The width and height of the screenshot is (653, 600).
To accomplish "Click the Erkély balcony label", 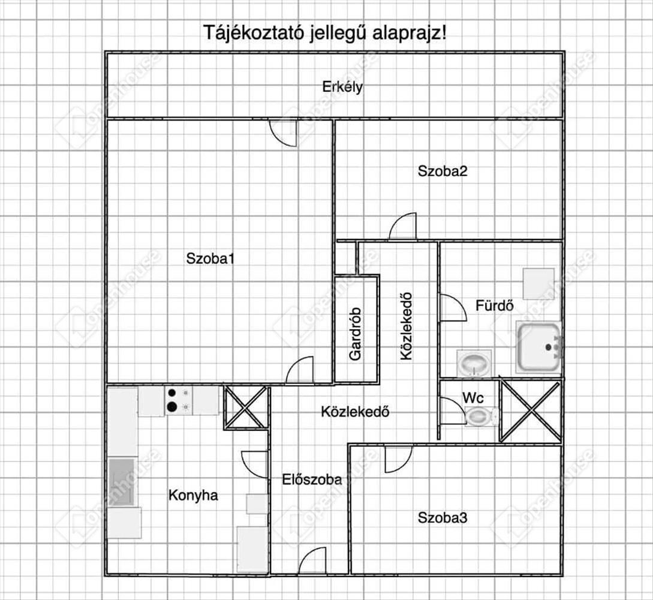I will [342, 87].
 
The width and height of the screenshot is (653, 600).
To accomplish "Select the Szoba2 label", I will [443, 171].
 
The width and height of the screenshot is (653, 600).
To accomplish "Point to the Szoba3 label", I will [443, 517].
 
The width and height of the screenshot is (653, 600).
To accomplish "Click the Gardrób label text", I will [356, 334].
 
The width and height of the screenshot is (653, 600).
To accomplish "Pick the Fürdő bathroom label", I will [495, 305].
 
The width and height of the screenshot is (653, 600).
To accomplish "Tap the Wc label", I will [473, 397].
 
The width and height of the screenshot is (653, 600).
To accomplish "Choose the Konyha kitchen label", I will [193, 496].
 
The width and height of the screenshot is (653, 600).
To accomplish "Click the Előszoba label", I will [312, 479].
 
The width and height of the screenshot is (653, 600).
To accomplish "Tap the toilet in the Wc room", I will [482, 415].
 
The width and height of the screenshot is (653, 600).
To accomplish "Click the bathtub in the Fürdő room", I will [539, 346].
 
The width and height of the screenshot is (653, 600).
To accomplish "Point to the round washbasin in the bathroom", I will [474, 363].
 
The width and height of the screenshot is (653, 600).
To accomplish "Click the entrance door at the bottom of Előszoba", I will [312, 562].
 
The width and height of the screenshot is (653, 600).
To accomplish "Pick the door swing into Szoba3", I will [398, 458].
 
